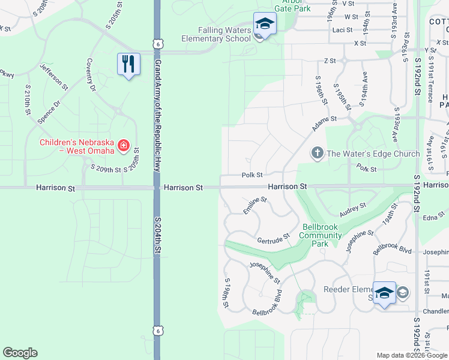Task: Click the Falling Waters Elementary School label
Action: pyautogui.click(x=216, y=34)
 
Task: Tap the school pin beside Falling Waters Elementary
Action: pyautogui.click(x=264, y=23)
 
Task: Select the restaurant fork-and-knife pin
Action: pyautogui.click(x=128, y=64)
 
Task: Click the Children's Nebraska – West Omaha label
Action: pyautogui.click(x=77, y=146)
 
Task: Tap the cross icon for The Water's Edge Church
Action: pyautogui.click(x=318, y=154)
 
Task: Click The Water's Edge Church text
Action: pyautogui.click(x=373, y=154)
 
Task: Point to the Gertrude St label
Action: pyautogui.click(x=273, y=238)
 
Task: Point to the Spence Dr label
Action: pyautogui.click(x=49, y=112)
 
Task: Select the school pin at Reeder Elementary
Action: pyautogui.click(x=384, y=293)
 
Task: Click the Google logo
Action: pyautogui.click(x=20, y=353)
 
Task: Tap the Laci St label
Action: pyautogui.click(x=342, y=29)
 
